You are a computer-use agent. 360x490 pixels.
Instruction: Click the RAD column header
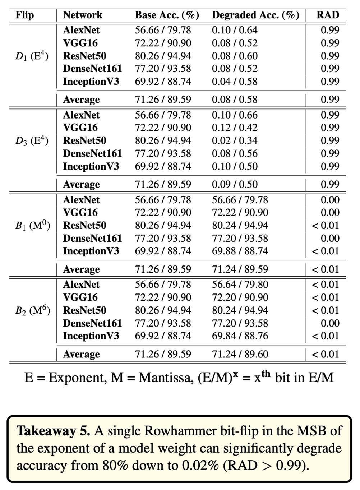click(x=328, y=15)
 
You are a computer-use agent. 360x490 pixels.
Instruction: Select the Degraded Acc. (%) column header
click(x=255, y=15)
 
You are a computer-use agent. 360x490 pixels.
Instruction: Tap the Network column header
click(x=82, y=15)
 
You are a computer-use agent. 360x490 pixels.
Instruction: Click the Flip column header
click(x=25, y=15)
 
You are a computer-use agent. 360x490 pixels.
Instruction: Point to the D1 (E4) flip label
click(x=32, y=56)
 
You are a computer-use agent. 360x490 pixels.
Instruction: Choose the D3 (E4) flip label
click(x=32, y=141)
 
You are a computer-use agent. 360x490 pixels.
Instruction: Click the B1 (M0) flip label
click(x=33, y=226)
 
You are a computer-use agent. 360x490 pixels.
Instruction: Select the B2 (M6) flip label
click(x=33, y=310)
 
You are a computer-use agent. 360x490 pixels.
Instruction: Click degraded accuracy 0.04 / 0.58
click(x=235, y=82)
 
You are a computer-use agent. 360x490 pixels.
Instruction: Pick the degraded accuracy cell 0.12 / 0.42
click(x=235, y=128)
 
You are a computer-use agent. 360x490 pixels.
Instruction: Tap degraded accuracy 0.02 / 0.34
click(x=235, y=141)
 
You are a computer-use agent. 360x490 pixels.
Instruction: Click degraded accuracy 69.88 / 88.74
click(x=240, y=251)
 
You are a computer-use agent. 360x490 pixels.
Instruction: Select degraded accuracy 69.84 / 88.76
click(x=240, y=336)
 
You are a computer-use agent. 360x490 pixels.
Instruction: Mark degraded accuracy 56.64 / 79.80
click(x=240, y=285)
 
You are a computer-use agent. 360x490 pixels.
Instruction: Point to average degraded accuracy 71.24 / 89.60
click(x=240, y=354)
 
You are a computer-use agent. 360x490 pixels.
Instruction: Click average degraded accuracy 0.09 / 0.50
click(x=235, y=184)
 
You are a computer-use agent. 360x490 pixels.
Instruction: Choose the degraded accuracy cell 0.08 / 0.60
click(x=235, y=56)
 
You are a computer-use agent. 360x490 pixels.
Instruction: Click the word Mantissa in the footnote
click(x=166, y=384)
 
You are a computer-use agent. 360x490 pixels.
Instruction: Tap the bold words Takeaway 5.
click(x=54, y=431)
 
